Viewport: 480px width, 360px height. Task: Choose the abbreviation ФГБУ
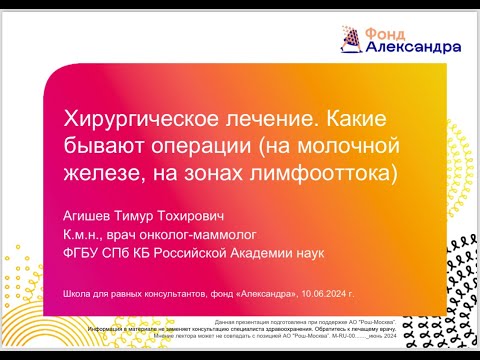point(82,253)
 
